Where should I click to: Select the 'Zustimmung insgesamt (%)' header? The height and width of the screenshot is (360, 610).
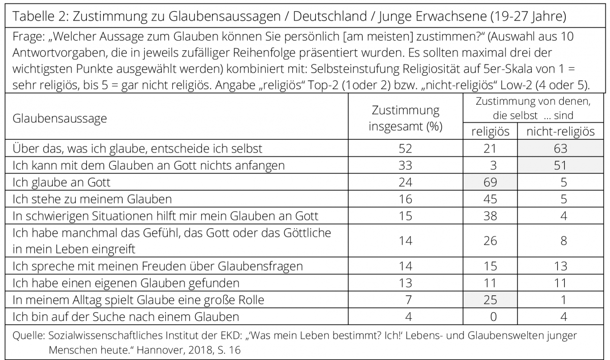click(x=406, y=118)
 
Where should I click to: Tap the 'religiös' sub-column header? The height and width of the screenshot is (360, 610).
click(x=490, y=132)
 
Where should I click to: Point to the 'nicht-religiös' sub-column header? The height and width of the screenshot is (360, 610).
click(x=560, y=132)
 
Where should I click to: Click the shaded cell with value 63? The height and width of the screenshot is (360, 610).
click(x=560, y=148)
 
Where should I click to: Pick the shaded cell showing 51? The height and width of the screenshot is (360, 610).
click(x=560, y=165)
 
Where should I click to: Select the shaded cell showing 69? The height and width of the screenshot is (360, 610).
click(x=490, y=182)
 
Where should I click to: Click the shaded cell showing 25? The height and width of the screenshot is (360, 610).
click(x=490, y=300)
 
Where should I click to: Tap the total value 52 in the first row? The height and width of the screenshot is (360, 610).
click(x=406, y=148)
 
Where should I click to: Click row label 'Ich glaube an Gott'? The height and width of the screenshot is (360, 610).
click(x=62, y=183)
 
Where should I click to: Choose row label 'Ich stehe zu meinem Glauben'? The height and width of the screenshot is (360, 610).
click(x=93, y=199)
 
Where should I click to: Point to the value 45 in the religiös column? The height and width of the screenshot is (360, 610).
click(x=490, y=199)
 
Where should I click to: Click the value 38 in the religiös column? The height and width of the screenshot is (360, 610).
click(x=490, y=216)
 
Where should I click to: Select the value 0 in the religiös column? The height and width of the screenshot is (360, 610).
click(x=494, y=317)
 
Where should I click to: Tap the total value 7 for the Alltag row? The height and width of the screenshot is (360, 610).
click(x=409, y=300)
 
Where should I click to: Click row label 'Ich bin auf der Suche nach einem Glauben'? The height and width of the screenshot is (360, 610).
click(x=126, y=317)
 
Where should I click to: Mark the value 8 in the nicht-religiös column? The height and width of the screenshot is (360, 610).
click(x=564, y=241)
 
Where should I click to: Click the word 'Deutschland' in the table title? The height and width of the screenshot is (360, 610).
click(x=330, y=16)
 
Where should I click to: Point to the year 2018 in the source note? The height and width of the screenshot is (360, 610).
click(x=201, y=350)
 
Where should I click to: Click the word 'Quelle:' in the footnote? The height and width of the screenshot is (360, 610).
click(x=28, y=336)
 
